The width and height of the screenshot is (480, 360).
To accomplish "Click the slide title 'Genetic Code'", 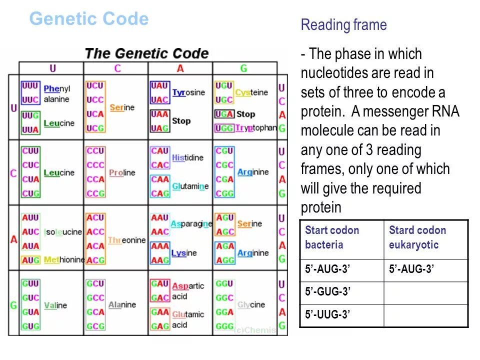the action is (89, 19).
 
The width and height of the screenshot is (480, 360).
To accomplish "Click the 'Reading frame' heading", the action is (343, 25).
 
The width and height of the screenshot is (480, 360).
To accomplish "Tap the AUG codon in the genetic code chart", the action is (30, 260).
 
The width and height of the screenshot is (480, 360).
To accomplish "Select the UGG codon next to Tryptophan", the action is (224, 128).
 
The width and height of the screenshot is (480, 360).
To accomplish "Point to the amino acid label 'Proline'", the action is (122, 172).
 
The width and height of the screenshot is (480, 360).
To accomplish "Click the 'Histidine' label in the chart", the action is (187, 157).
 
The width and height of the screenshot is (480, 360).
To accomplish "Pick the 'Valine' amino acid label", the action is (55, 305).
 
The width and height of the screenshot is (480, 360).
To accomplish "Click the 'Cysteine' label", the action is (251, 92).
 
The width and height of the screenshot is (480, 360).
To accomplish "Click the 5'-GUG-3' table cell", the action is (341, 292).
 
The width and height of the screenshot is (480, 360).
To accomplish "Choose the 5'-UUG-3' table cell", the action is (341, 315).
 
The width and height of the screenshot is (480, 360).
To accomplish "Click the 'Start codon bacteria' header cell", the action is (341, 237).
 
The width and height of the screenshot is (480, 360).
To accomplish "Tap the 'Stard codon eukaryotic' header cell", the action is (425, 237).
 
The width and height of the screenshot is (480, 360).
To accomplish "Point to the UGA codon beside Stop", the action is (224, 114).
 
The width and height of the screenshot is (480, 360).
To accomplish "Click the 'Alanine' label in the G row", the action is (122, 304).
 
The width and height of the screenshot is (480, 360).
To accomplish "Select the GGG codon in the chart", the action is (224, 326).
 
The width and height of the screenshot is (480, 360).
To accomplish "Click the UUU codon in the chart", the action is (30, 86).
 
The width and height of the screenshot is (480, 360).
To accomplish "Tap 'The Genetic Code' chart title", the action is (146, 53).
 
